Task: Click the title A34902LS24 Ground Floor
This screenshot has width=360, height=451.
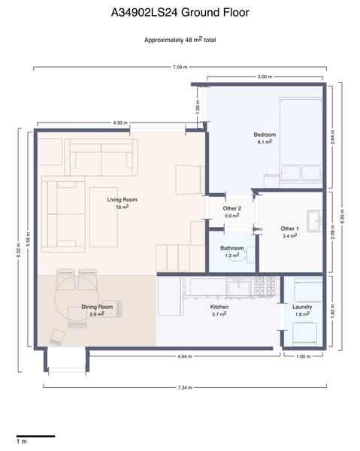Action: tap(180, 13)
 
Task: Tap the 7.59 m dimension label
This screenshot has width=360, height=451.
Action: tap(180, 68)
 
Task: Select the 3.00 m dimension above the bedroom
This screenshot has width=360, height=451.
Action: tap(265, 77)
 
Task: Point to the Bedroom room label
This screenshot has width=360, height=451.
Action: tap(265, 135)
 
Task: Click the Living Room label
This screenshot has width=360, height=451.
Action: tap(123, 200)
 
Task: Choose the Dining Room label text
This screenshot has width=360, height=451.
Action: tap(97, 307)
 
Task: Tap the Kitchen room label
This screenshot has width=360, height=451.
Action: tap(219, 307)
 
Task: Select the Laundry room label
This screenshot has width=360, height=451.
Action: tap(302, 307)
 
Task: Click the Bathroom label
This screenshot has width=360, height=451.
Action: tap(232, 248)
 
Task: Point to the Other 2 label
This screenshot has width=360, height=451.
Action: tap(232, 208)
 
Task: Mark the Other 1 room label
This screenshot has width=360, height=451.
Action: tap(289, 229)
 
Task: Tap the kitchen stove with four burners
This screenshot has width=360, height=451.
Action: tap(265, 286)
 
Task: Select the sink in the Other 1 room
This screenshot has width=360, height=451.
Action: tap(314, 221)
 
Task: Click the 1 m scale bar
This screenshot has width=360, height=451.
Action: tap(35, 436)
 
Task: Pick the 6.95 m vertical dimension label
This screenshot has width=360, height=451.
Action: tap(342, 216)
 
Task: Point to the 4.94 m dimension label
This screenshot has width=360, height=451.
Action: tap(185, 356)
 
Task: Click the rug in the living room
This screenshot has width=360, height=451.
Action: tap(104, 217)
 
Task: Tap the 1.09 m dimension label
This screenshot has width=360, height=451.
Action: tap(198, 107)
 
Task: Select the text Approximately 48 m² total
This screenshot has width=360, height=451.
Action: tap(180, 40)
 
